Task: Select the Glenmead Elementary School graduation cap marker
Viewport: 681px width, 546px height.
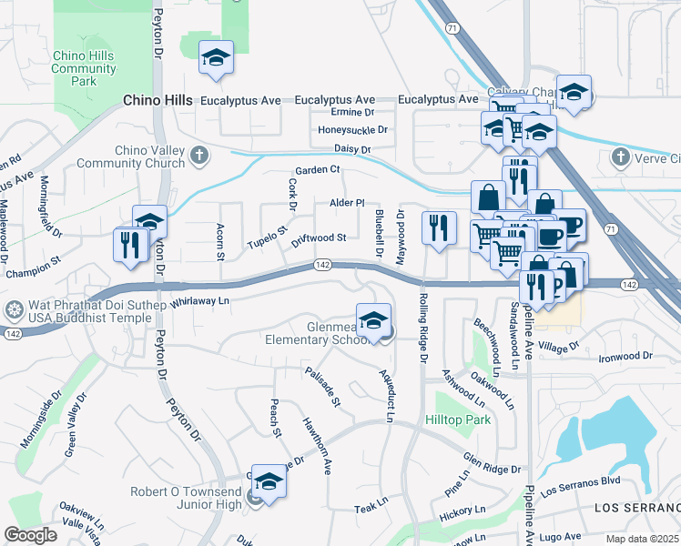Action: [372, 320]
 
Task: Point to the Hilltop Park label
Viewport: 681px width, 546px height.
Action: [458, 420]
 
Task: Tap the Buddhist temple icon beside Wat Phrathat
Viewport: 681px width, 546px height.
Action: [14, 309]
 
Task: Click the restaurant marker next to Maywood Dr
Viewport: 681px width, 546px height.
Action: [439, 227]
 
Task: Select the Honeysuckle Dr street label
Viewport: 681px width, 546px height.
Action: [352, 130]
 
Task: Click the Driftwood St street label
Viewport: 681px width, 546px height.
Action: [319, 238]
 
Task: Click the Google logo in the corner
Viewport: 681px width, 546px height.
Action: [31, 534]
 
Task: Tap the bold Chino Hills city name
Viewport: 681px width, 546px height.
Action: [158, 100]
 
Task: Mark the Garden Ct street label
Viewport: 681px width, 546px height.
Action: [316, 170]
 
